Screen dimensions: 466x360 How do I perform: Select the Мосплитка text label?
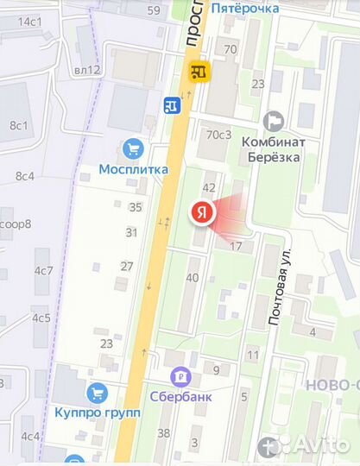coord(133,170)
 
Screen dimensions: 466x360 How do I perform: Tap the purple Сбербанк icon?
coord(180,376)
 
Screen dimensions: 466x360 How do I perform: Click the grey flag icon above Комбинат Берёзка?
coord(275,122)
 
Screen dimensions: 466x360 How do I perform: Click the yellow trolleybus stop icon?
coord(201,73)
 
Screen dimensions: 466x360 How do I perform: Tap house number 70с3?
coord(219,135)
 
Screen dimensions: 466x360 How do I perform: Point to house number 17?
coord(236,247)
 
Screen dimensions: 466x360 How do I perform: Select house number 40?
coord(193,278)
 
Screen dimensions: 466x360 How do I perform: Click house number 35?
coord(135,207)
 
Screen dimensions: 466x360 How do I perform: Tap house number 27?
coord(127,266)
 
